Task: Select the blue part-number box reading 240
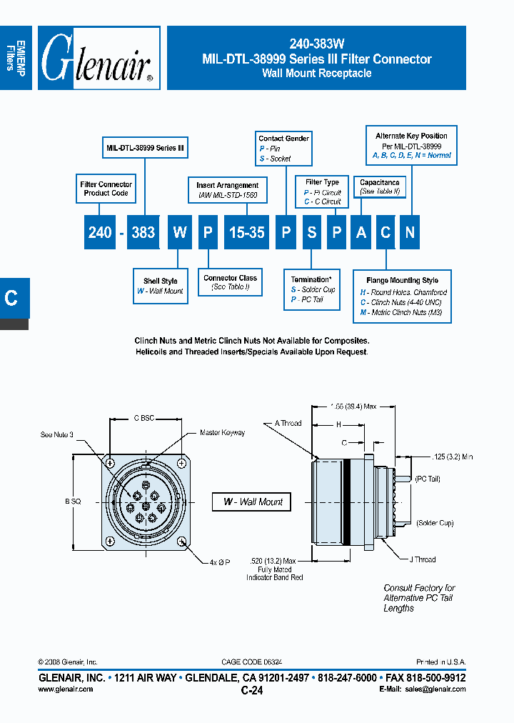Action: [x=100, y=232]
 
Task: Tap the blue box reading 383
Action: [x=143, y=232]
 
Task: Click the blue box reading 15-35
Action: [x=246, y=232]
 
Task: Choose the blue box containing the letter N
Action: [x=410, y=232]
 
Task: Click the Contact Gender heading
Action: [x=283, y=139]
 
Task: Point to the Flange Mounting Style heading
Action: [x=402, y=281]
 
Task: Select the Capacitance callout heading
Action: [x=379, y=183]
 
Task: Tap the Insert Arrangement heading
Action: [x=228, y=186]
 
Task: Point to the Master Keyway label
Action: [x=222, y=433]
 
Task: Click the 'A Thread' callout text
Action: [x=288, y=423]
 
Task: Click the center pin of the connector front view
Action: [x=146, y=506]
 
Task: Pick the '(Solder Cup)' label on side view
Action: [x=435, y=524]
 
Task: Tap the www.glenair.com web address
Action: [x=65, y=689]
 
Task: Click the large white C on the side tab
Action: [x=11, y=298]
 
